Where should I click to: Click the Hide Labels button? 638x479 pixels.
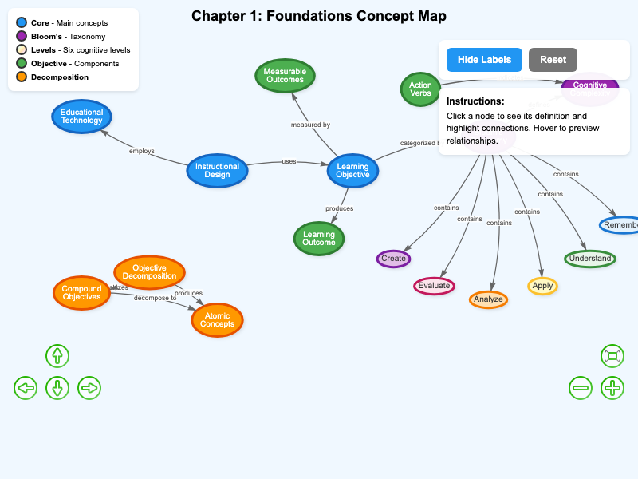484,60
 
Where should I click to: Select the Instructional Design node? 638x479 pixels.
217,170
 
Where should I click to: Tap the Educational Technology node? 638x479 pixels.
82,117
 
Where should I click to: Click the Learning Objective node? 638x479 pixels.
352,171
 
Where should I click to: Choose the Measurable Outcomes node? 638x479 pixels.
285,75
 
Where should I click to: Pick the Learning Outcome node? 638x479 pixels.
319,238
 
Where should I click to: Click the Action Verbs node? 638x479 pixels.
420,89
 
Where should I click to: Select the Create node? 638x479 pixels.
393,259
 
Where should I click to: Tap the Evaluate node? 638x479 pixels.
434,285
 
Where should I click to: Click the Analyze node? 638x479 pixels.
488,299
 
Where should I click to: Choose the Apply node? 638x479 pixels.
542,285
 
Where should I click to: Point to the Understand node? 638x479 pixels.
590,258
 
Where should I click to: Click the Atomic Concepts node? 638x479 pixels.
217,320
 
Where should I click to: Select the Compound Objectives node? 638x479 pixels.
81,292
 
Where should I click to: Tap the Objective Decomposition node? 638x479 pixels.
149,272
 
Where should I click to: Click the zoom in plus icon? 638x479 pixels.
612,388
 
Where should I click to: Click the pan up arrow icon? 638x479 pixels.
57,356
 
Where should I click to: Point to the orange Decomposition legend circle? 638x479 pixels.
22,77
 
